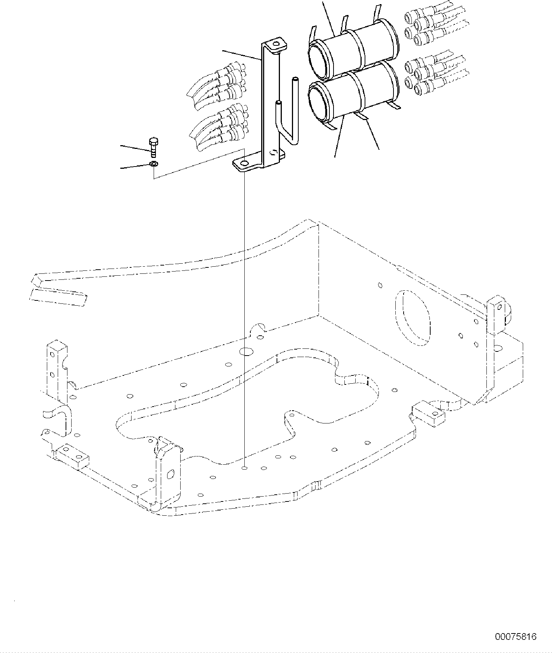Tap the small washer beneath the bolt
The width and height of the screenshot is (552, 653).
tap(153, 164)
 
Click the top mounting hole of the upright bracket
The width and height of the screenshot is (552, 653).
tap(276, 44)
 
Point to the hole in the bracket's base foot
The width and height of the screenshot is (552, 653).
tap(244, 164)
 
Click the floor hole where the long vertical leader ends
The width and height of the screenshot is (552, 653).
tap(244, 468)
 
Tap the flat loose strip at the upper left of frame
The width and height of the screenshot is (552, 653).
tap(58, 297)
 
